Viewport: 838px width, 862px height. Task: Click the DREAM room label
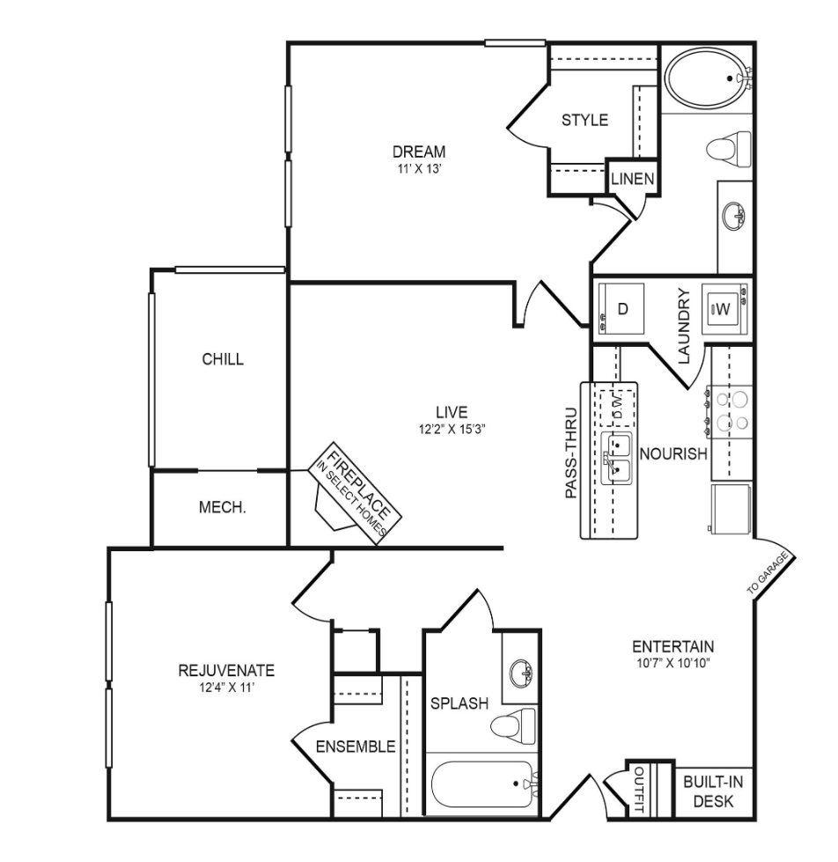tap(419, 151)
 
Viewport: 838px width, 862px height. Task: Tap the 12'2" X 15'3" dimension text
tap(452, 430)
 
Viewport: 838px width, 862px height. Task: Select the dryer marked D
tap(621, 308)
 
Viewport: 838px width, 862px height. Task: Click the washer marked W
tap(724, 309)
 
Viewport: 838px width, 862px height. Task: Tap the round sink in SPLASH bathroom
tap(521, 673)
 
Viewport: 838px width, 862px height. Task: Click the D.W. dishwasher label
tap(617, 407)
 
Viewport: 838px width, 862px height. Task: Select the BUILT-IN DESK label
tap(713, 791)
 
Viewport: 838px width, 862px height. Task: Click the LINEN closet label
tap(633, 179)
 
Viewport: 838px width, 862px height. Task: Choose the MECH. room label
tap(222, 507)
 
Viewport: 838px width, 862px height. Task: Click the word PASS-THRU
tap(571, 453)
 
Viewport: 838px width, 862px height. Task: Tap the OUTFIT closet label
tap(639, 790)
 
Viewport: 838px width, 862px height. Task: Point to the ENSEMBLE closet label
tap(356, 746)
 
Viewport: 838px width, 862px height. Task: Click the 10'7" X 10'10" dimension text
tap(673, 663)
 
